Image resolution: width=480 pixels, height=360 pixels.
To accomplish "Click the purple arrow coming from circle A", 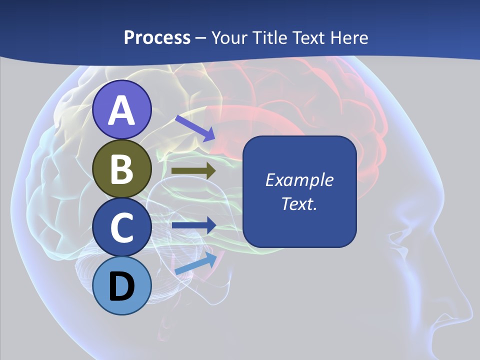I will coord(194,127).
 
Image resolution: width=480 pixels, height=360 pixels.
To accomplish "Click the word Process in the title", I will coord(157,37).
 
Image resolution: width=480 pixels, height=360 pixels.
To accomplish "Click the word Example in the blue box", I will coord(299,180).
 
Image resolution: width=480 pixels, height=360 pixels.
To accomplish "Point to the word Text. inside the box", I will coord(299,203).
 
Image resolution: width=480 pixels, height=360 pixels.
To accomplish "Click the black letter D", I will coord(122,287).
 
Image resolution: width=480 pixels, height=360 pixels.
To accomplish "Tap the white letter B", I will coord(122,169).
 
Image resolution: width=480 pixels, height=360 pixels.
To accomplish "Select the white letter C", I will coord(122,227).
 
